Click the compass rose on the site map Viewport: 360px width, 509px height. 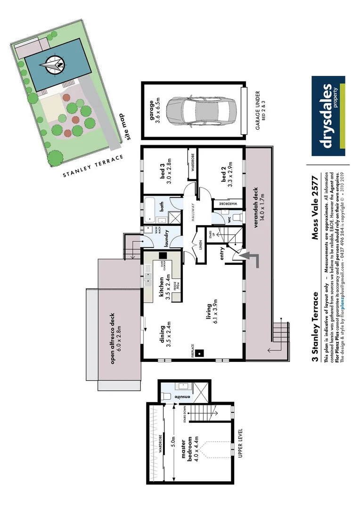(x=53, y=65)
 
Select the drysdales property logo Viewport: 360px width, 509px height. (x=328, y=116)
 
